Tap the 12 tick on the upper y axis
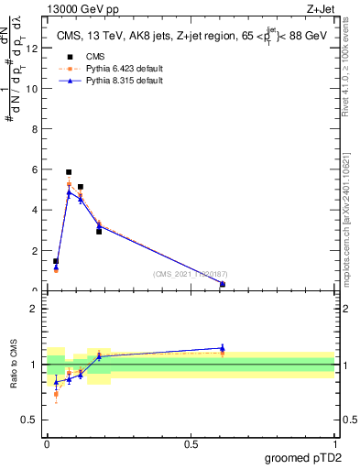tap(33, 49)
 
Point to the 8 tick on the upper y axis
tap(35, 129)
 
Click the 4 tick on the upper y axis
tap(35, 210)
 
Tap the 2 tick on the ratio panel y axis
tap(35, 308)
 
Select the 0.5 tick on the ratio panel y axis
tap(31, 420)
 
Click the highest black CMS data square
tap(69, 172)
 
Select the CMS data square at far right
tap(223, 285)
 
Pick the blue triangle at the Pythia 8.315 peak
tap(69, 193)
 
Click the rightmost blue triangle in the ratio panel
tap(223, 348)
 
